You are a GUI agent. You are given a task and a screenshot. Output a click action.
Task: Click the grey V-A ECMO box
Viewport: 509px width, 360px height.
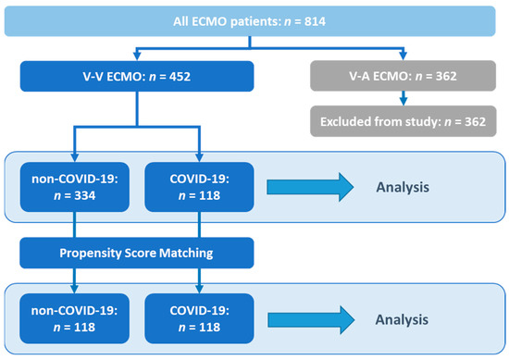click(x=401, y=76)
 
